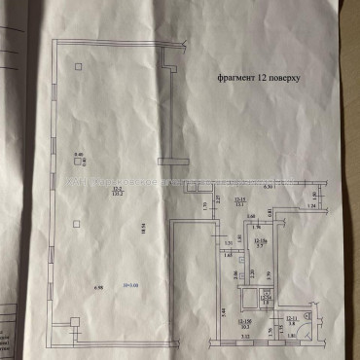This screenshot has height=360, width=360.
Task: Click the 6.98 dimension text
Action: pyautogui.click(x=98, y=289)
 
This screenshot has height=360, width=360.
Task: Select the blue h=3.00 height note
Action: pyautogui.click(x=132, y=289)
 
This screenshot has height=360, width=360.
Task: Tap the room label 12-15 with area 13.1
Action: pyautogui.click(x=235, y=199)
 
